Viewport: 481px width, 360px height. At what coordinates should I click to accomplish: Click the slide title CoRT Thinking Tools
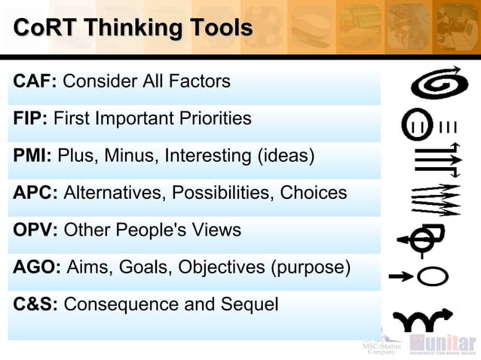coord(133,28)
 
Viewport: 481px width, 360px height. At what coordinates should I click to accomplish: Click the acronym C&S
coord(36,304)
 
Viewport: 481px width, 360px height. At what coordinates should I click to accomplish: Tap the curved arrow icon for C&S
coord(427,319)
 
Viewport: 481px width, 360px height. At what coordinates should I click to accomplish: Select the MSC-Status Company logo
coord(380,343)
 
